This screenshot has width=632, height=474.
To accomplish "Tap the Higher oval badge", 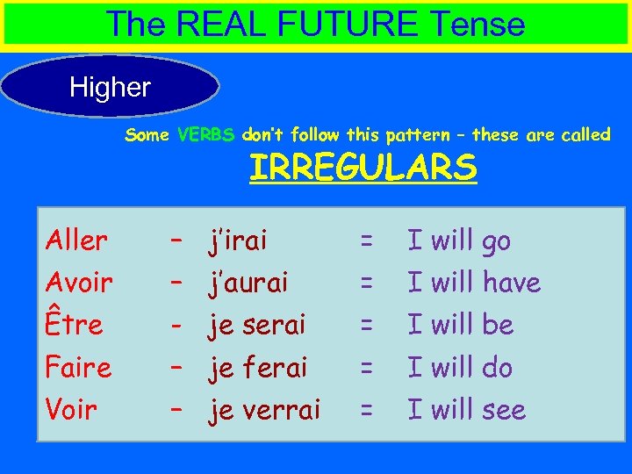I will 110,87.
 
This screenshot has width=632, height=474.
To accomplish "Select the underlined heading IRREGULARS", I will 363,166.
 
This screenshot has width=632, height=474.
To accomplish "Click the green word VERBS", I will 205,135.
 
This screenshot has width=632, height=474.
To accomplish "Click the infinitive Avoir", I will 79,283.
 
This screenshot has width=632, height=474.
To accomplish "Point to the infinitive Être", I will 74,325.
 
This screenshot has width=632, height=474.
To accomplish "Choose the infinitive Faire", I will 78,367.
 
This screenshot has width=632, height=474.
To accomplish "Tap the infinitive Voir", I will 71,409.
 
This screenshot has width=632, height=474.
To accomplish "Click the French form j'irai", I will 237,241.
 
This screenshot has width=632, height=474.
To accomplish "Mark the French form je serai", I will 256,325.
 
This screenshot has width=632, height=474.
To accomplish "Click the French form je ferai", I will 257,367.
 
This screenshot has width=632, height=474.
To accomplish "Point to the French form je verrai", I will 264,409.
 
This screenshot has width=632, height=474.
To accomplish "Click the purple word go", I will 495,242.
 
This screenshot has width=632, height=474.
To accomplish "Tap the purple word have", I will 510,283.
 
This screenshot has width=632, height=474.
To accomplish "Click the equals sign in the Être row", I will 367,325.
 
